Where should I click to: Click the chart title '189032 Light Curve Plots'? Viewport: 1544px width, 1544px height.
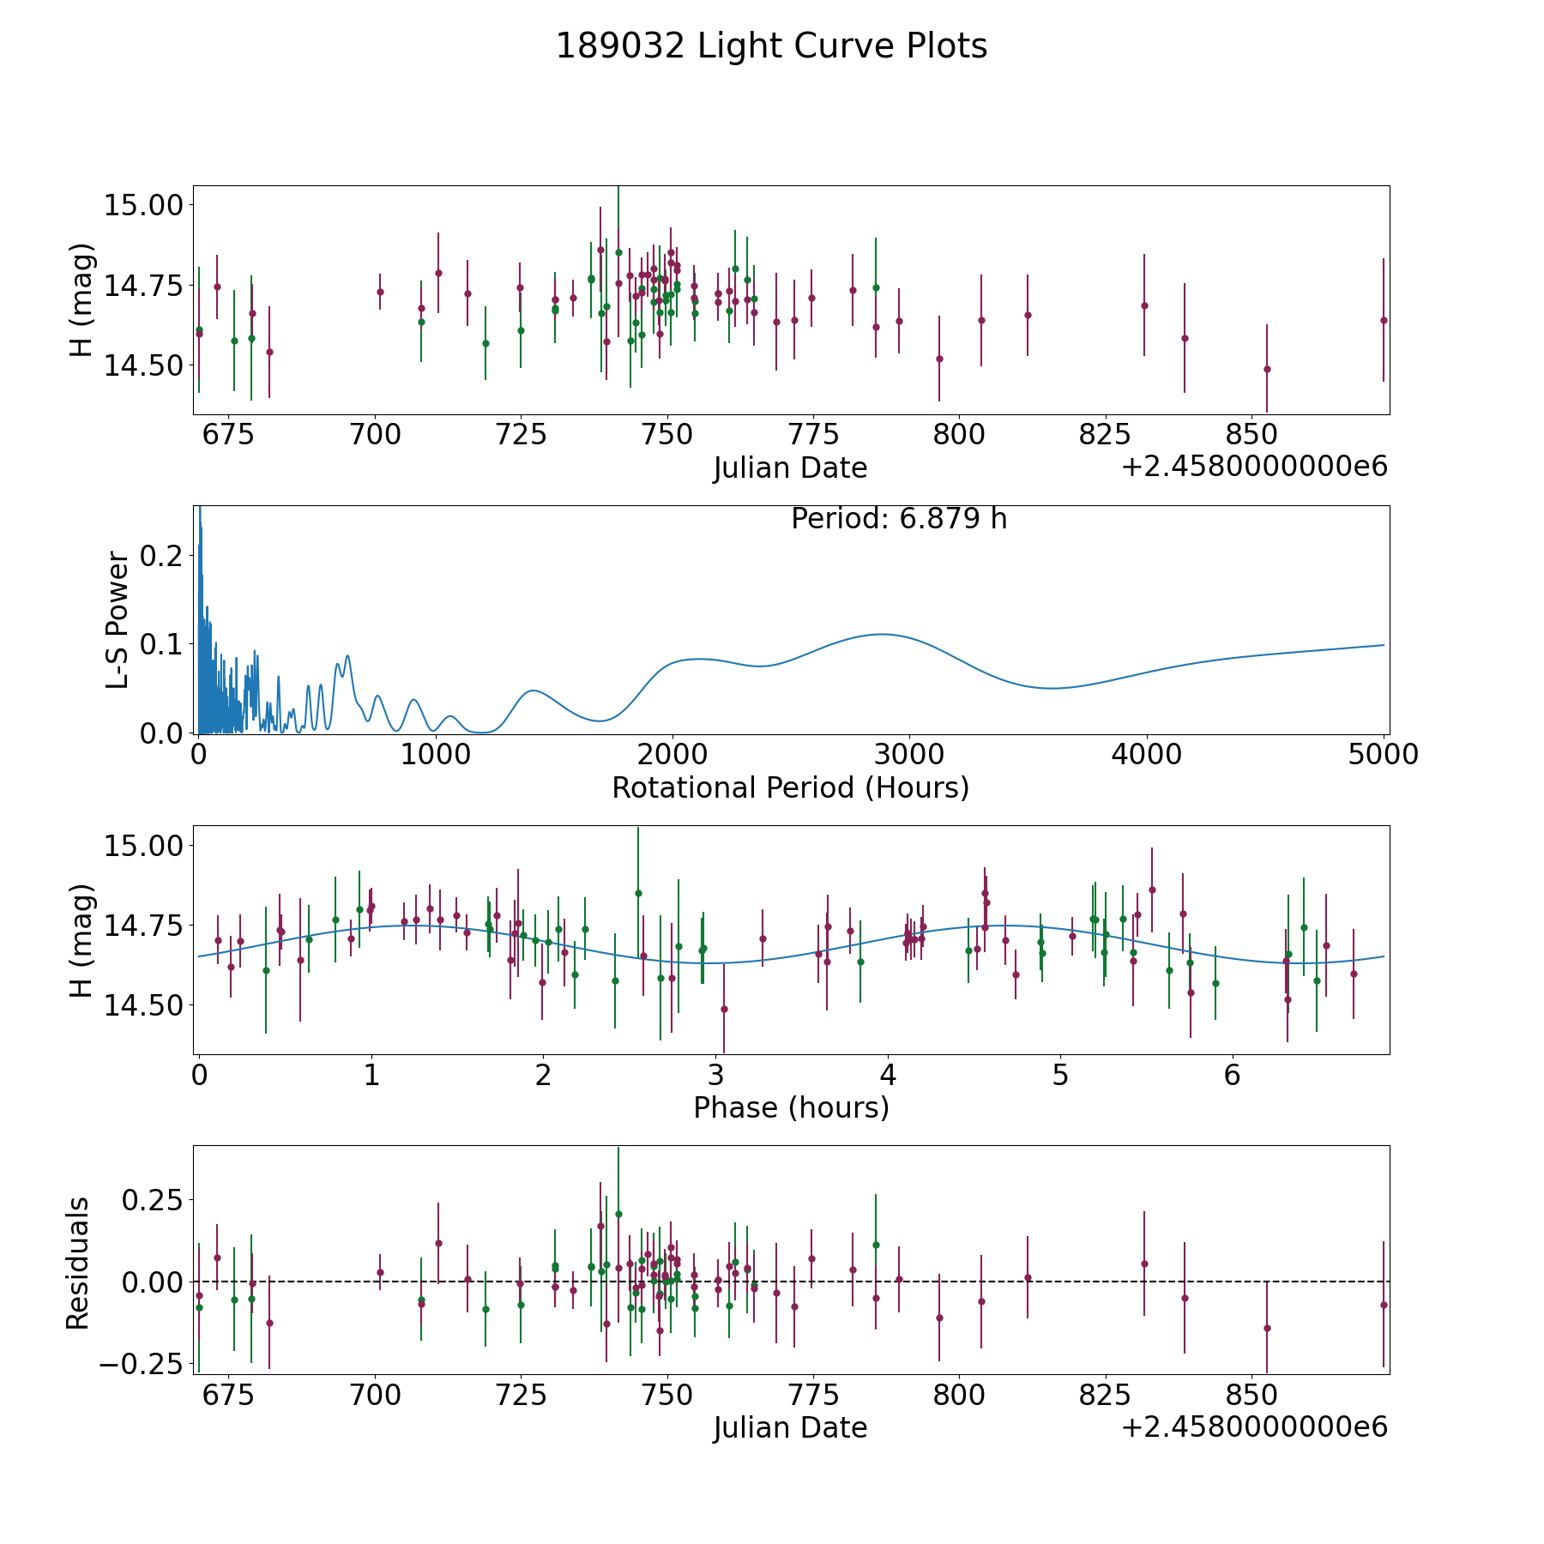click(x=771, y=46)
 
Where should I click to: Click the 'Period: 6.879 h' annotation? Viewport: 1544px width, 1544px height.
click(x=898, y=519)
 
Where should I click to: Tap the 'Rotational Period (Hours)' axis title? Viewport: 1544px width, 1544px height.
click(x=790, y=787)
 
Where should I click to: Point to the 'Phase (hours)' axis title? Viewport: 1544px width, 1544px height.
click(x=790, y=1107)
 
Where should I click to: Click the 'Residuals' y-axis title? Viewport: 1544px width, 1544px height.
click(x=78, y=1264)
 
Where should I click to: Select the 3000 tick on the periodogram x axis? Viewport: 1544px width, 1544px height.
click(x=909, y=755)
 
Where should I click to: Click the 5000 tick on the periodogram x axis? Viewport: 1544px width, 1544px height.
click(x=1384, y=755)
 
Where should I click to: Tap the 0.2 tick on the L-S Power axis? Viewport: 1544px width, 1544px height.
click(x=162, y=556)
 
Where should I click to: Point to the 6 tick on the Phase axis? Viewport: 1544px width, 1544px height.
click(x=1233, y=1076)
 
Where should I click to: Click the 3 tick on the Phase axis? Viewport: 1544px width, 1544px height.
click(x=716, y=1076)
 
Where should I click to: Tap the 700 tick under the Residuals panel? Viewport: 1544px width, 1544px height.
click(x=375, y=1396)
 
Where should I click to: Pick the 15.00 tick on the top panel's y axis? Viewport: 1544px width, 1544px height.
click(x=144, y=205)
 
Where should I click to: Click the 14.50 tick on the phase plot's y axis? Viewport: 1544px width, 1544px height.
click(x=144, y=1005)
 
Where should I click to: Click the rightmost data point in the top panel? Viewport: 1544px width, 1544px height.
click(x=1384, y=320)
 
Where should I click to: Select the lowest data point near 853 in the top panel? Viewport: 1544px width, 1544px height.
click(x=1267, y=369)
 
